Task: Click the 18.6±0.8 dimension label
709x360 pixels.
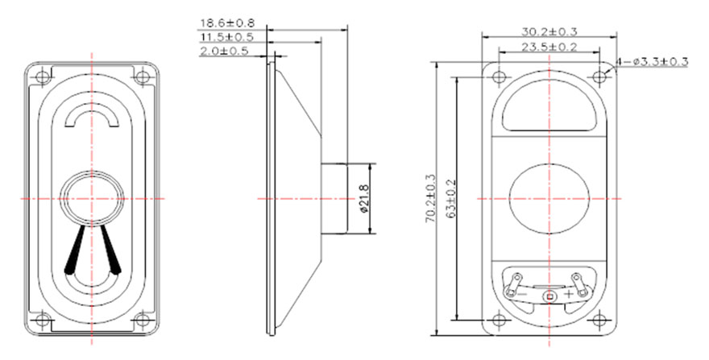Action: (x=227, y=23)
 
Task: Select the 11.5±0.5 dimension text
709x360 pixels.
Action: (x=227, y=36)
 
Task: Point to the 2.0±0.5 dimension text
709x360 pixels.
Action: (x=224, y=51)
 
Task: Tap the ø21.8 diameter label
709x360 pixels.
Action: (x=363, y=199)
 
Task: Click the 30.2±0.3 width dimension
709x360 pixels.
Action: (x=549, y=31)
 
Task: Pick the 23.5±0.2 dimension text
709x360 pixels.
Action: (x=549, y=47)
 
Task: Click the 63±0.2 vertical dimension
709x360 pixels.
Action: (x=451, y=199)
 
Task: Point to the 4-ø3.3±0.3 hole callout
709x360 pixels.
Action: (x=653, y=61)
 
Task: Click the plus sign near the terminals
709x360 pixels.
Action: (x=569, y=294)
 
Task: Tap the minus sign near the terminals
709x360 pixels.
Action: (x=521, y=294)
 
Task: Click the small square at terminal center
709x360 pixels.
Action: (x=549, y=296)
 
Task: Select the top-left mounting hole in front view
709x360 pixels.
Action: (x=43, y=77)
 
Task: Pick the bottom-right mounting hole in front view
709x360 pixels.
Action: (x=142, y=321)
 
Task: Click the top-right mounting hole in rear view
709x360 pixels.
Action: (x=599, y=77)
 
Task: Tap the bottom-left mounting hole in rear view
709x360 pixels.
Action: (x=500, y=321)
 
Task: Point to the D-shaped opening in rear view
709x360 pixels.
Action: (x=549, y=107)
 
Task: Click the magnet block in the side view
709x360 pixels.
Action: (x=334, y=199)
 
